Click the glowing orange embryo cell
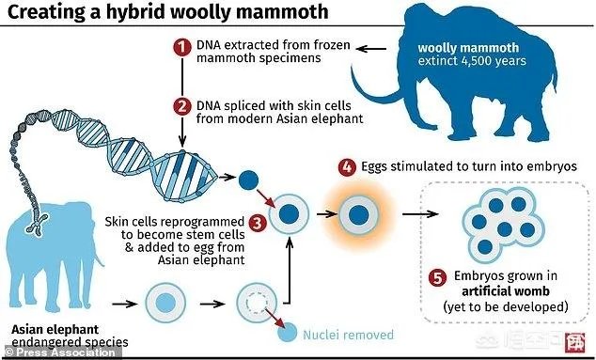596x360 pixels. tap(356, 215)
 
